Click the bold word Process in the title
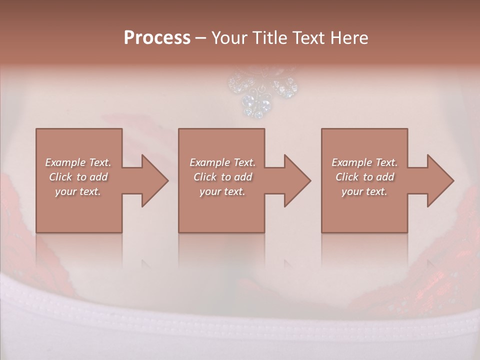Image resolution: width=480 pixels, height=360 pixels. pos(157,38)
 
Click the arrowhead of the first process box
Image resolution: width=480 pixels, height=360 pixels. pos(154,180)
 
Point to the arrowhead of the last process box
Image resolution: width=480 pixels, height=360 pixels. pos(440,180)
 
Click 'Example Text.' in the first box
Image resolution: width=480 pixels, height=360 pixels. pos(78,162)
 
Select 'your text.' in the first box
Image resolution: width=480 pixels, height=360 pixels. pos(78,191)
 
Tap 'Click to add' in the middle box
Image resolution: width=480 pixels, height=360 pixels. pos(222,177)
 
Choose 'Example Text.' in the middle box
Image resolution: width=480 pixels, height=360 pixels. pos(222,162)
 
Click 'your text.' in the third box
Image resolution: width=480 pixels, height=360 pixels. pos(364,191)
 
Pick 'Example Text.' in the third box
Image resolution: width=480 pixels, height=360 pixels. pos(364,162)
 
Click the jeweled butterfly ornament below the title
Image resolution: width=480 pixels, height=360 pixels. pos(262,92)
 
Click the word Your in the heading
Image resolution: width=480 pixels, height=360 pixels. pos(229,38)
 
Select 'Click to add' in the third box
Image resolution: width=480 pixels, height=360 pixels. pos(364,177)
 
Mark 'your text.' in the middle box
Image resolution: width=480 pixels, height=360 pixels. pos(222,191)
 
